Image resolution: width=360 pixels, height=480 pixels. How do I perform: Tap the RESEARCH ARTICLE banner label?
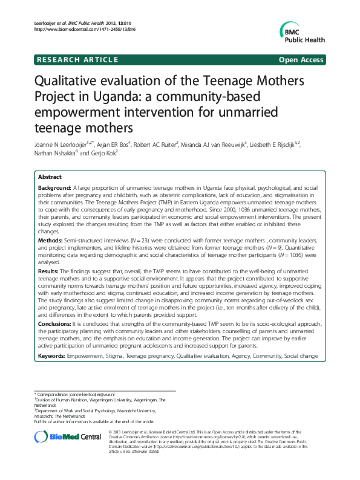77,59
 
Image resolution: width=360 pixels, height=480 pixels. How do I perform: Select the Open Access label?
300,59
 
